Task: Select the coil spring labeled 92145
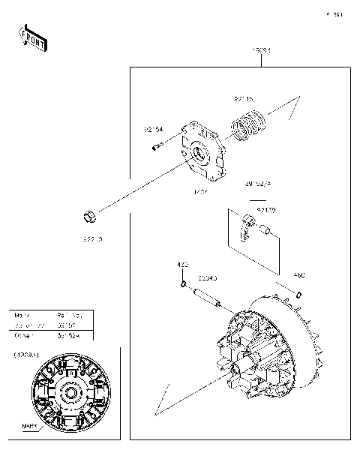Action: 247,127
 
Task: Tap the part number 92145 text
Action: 243,98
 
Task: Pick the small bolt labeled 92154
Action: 156,146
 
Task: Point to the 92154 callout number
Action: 154,129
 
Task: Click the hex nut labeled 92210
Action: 88,217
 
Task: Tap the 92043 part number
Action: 207,277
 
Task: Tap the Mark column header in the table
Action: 23,316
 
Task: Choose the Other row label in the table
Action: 23,337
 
